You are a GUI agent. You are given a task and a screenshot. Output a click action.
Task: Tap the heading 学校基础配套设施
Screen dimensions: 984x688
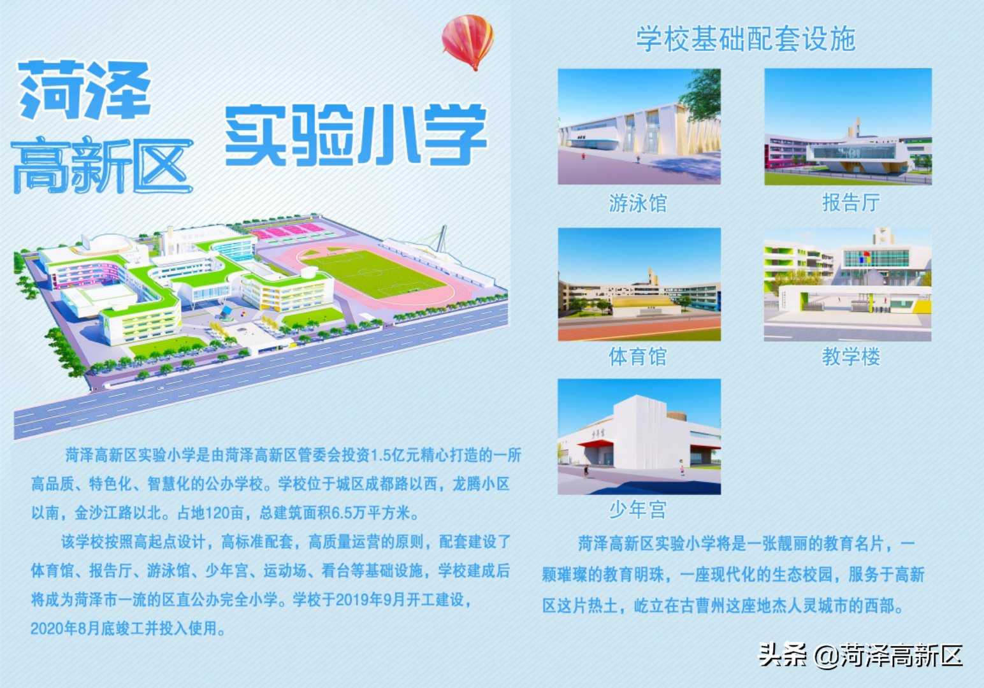746,39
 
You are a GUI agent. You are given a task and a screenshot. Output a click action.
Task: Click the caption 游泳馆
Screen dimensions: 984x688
638,203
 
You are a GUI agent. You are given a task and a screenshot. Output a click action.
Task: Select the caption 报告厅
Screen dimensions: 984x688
851,203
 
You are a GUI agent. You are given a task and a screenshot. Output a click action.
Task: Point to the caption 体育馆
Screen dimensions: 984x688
638,357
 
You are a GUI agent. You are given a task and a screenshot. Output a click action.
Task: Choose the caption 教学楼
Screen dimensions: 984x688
851,357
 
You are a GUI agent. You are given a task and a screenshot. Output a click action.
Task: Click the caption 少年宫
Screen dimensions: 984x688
638,510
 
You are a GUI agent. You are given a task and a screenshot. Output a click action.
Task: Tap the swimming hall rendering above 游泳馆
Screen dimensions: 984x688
639,126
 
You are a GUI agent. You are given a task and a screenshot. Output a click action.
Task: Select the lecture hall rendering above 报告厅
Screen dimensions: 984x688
848,126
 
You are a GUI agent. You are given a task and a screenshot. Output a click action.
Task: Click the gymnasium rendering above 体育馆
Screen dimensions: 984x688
639,284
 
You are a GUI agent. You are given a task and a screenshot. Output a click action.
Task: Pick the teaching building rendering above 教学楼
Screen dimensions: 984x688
848,284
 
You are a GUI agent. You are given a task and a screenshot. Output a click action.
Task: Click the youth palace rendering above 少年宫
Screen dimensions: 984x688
639,436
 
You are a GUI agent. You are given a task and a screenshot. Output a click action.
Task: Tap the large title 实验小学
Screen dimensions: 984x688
356,135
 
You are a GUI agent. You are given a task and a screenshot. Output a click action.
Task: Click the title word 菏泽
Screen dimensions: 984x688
85,90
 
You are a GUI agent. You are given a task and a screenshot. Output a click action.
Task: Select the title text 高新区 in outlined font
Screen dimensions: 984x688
103,164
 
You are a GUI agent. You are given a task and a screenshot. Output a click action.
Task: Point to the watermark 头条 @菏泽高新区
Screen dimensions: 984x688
861,656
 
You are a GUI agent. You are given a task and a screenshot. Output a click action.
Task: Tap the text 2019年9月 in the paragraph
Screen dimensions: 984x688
371,599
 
